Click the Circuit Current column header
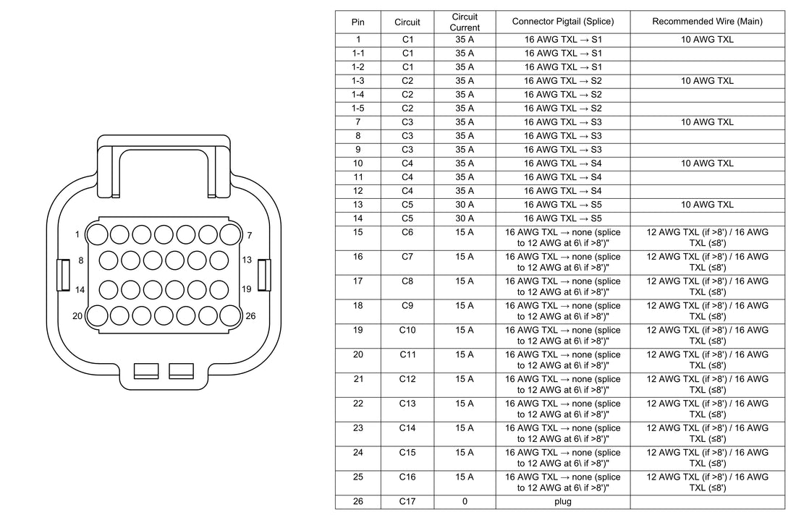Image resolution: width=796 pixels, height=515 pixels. [x=465, y=22]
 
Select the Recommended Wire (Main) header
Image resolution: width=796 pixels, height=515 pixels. [x=707, y=21]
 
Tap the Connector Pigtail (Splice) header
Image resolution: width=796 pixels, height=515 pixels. [x=562, y=21]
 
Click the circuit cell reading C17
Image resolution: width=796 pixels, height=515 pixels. [x=407, y=501]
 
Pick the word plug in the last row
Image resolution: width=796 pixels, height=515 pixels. [x=562, y=502]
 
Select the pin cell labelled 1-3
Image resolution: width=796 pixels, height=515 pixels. [x=358, y=81]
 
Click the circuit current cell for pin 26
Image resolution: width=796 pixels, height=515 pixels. [x=465, y=501]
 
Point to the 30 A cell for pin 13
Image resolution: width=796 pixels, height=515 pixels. [x=465, y=205]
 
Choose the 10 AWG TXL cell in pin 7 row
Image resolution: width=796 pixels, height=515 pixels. [x=707, y=122]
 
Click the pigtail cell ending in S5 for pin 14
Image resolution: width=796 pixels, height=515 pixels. [x=562, y=218]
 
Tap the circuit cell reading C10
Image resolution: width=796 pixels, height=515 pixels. [x=407, y=330]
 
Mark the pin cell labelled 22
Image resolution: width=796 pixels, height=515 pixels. [x=358, y=404]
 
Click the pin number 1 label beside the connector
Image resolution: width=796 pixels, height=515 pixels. [x=77, y=234]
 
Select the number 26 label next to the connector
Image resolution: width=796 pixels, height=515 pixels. [x=251, y=315]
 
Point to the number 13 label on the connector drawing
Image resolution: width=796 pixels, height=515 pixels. [x=247, y=260]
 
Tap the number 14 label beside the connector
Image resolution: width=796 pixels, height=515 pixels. [x=80, y=290]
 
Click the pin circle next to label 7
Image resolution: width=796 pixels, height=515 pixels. [x=230, y=235]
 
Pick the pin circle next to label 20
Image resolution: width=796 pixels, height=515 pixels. [x=97, y=315]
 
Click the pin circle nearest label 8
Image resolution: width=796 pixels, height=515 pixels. [x=108, y=260]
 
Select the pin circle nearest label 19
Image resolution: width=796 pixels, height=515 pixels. [x=219, y=290]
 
